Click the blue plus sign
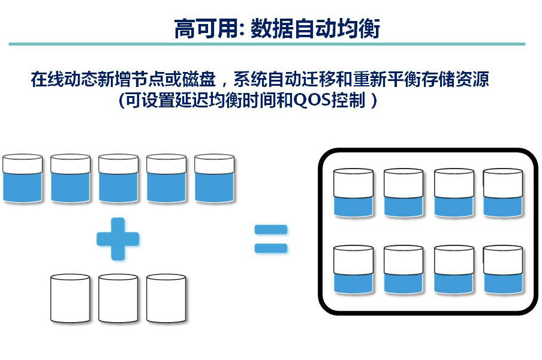click(118, 239)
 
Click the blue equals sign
click(271, 239)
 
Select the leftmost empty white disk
click(71, 298)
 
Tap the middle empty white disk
click(118, 298)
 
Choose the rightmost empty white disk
click(166, 298)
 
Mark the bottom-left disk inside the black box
click(353, 269)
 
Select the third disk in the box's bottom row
click(454, 269)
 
